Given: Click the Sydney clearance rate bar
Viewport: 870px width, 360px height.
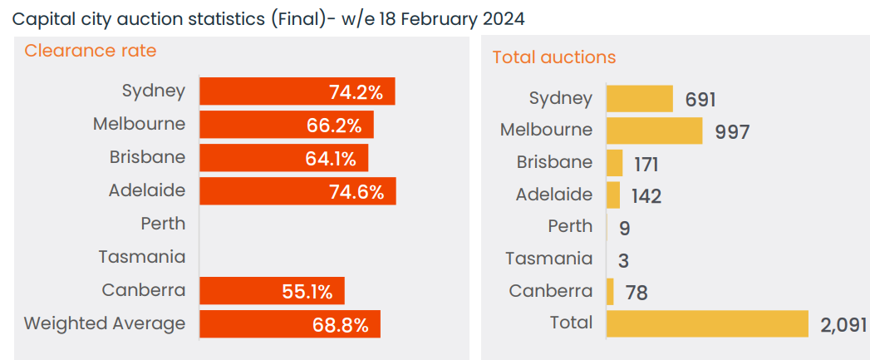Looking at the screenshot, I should coord(297,91).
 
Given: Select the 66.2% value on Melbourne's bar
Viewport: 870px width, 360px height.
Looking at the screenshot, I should coord(334,126).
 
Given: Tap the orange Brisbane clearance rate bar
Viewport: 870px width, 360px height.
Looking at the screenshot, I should coord(283,158).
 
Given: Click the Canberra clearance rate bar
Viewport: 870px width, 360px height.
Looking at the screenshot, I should coord(272,291).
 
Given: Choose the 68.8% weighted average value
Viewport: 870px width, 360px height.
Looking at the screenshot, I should coord(341,324).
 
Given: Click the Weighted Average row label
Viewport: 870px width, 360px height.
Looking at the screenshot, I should coord(105,323).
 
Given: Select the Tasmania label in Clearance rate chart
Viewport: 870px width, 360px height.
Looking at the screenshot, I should coord(142,257).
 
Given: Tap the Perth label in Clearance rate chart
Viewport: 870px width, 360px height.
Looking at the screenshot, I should coord(163,224).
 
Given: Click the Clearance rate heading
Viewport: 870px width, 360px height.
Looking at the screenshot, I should coord(91,51).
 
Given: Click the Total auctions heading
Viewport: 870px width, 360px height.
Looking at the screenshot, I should coord(554,57).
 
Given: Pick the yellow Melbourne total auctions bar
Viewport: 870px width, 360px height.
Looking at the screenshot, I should coord(654,131).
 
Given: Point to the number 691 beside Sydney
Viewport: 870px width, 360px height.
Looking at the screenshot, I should coord(700,100).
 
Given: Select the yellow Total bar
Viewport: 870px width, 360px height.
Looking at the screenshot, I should coord(707,323).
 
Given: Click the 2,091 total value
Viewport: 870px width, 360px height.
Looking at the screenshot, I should coord(843,324).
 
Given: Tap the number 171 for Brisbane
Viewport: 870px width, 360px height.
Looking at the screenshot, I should coord(646,164).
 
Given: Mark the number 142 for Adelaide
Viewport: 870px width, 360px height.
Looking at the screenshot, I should coord(646,196).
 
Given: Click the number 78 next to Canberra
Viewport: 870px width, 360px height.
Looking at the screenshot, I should coord(636,293).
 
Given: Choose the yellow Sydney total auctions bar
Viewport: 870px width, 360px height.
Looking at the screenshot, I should coord(639,98).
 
